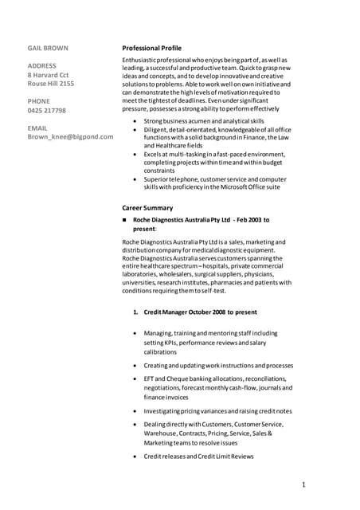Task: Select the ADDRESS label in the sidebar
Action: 41,65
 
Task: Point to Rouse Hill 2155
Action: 51,83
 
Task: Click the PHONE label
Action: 39,101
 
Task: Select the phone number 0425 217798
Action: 47,110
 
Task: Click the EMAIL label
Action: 37,127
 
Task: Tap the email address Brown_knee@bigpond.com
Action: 70,136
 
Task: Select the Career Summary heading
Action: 147,207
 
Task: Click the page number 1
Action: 304,484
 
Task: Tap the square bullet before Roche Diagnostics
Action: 124,219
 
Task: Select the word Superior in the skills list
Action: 156,180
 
